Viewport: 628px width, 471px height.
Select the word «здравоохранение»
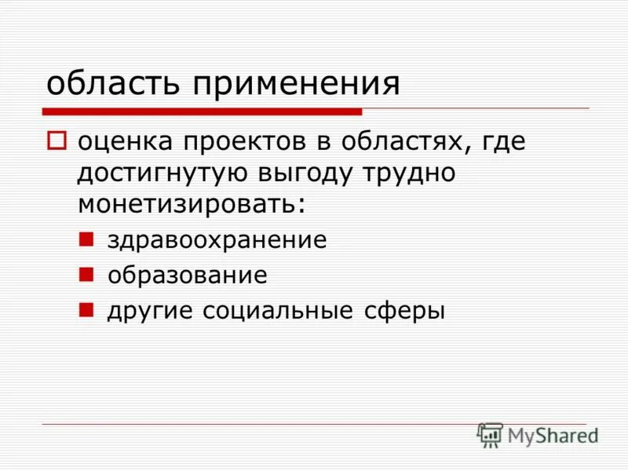[x=217, y=240]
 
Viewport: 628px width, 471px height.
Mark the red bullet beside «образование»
[x=88, y=273]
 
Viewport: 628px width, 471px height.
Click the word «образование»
[x=188, y=276]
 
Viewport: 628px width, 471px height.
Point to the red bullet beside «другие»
[x=88, y=309]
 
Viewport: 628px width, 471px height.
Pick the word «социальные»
[x=278, y=311]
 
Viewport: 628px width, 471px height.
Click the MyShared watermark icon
[x=491, y=434]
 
